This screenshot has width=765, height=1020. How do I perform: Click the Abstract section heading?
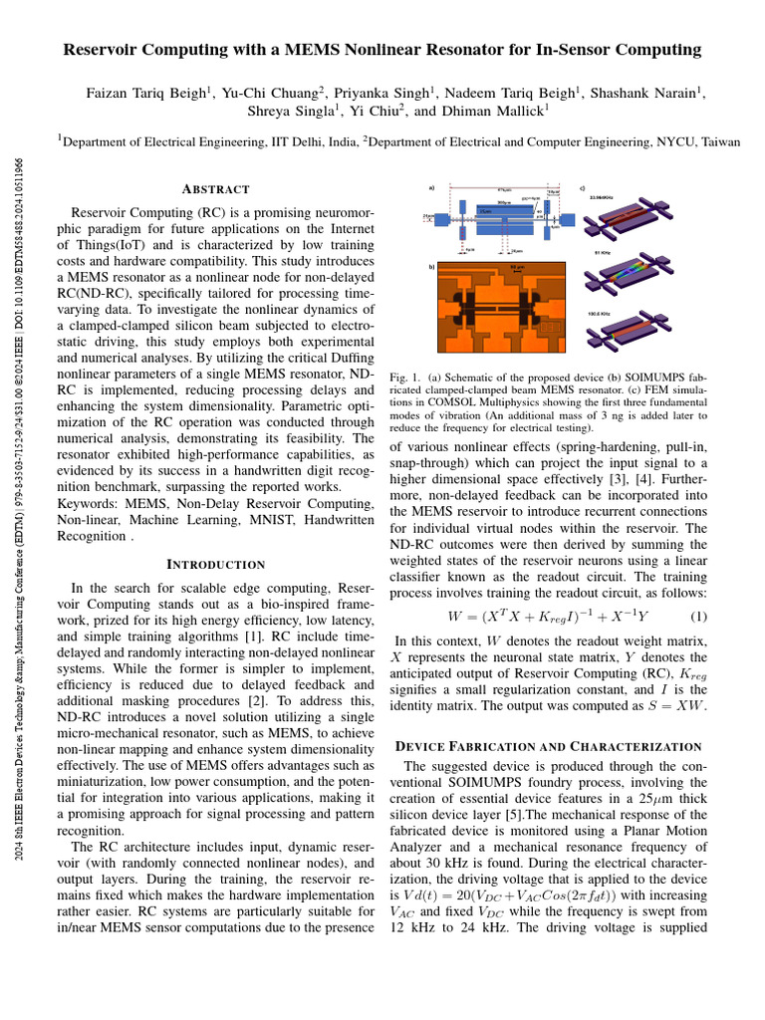(x=215, y=189)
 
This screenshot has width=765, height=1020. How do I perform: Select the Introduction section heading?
(x=215, y=565)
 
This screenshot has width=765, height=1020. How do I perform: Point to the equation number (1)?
(x=698, y=617)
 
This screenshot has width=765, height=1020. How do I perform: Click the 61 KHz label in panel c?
(x=603, y=255)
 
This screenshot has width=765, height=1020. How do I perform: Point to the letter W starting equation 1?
(x=456, y=617)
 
